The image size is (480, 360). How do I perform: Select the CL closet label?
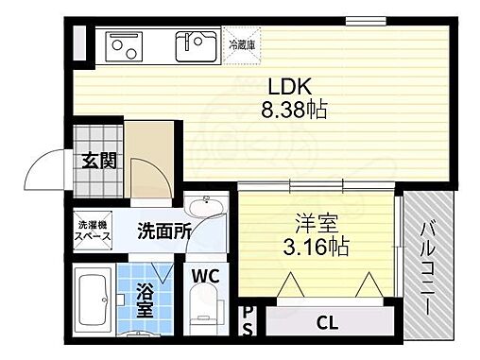pos(327,322)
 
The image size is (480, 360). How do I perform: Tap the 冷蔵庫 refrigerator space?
pos(245,45)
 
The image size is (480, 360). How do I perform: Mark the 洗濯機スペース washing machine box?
pos(94,231)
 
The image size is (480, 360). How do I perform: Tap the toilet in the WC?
pos(205,311)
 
